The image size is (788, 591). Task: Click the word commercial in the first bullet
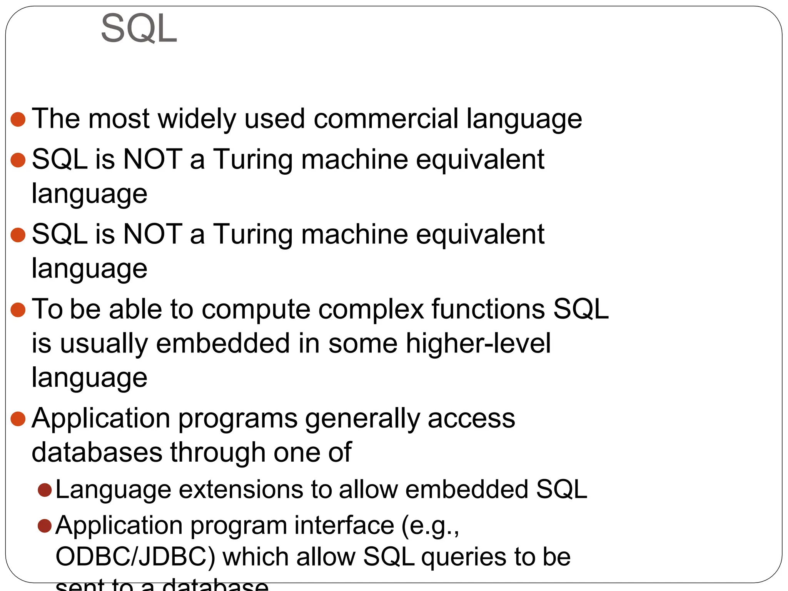[386, 119]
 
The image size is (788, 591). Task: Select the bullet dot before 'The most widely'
[18, 119]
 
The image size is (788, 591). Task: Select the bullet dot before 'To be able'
[18, 310]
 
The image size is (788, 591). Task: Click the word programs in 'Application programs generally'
[238, 418]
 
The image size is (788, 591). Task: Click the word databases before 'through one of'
[97, 452]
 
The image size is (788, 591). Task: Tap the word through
[218, 452]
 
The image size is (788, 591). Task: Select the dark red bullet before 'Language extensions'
[45, 490]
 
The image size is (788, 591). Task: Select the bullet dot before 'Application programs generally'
[18, 419]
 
